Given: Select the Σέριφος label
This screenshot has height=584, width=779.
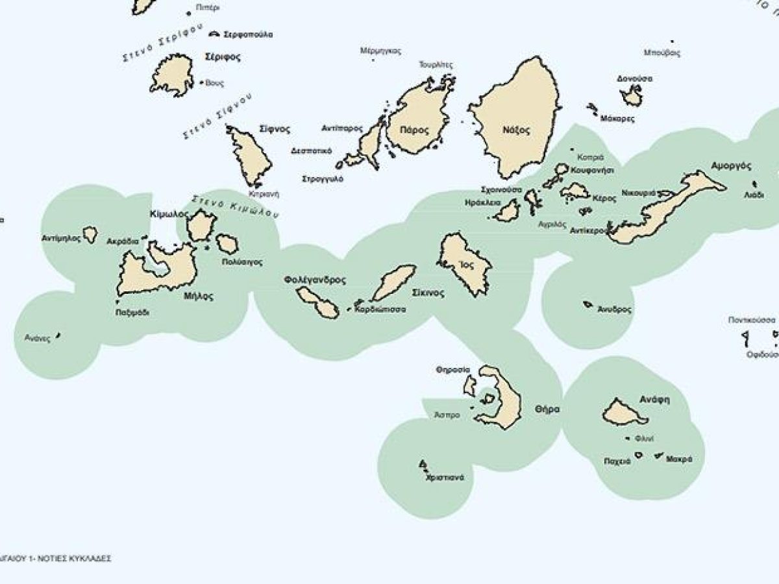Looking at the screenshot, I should pyautogui.click(x=222, y=57).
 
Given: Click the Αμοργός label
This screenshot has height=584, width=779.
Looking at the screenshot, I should pyautogui.click(x=730, y=165).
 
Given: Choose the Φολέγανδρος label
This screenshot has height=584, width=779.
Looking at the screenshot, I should pyautogui.click(x=315, y=280).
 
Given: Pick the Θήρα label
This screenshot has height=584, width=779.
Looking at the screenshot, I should pyautogui.click(x=547, y=409).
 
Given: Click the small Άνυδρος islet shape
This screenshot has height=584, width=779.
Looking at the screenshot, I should pyautogui.click(x=587, y=304).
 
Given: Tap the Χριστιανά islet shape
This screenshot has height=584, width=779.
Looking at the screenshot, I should pyautogui.click(x=423, y=464).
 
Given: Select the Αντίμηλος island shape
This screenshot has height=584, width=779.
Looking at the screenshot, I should pyautogui.click(x=90, y=234).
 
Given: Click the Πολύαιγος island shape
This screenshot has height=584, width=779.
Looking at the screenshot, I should pyautogui.click(x=227, y=244).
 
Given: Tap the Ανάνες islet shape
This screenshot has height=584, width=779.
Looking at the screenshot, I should pyautogui.click(x=58, y=335).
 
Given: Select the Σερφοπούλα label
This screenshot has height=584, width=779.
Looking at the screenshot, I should pyautogui.click(x=247, y=34).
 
